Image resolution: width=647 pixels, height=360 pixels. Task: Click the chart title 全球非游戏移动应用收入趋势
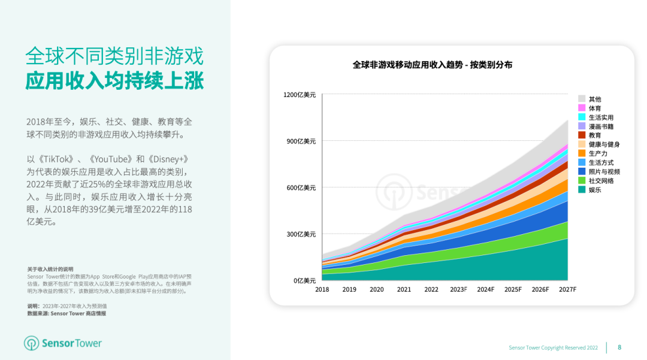(x=407, y=65)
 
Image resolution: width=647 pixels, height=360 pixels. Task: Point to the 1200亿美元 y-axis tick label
(x=300, y=95)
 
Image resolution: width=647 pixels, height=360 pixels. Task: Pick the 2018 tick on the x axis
(x=322, y=290)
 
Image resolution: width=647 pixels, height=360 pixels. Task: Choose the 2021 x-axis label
(x=404, y=290)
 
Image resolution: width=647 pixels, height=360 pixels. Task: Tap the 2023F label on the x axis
(x=458, y=290)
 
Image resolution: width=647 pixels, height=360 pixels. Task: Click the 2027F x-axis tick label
(x=567, y=290)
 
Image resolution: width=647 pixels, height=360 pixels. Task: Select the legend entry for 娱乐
(x=595, y=190)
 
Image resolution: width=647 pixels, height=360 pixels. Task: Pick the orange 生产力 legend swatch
(x=582, y=154)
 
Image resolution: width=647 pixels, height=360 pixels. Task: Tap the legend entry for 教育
(x=595, y=135)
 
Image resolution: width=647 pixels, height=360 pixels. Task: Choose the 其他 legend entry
(x=595, y=99)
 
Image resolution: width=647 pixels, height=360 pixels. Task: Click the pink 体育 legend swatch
(x=582, y=108)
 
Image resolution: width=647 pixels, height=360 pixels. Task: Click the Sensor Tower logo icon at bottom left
(x=32, y=343)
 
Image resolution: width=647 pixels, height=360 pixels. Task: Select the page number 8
(x=619, y=347)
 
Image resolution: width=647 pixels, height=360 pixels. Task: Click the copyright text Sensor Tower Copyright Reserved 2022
(x=553, y=347)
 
